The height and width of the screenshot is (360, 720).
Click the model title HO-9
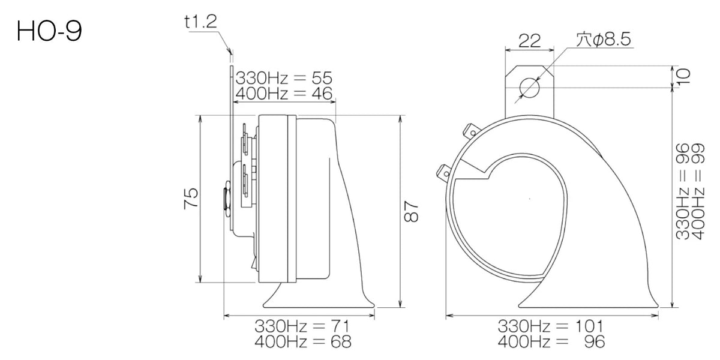point(49,31)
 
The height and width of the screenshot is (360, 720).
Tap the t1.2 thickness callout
point(201,22)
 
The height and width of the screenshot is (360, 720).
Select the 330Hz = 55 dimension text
point(284,78)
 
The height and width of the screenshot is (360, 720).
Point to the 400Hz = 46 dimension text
point(284,94)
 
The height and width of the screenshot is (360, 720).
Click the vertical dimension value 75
point(191,199)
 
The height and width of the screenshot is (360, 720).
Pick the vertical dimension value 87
point(411,211)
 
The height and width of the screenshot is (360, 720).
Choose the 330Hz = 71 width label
point(302,326)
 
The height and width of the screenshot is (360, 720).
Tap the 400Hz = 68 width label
point(303,341)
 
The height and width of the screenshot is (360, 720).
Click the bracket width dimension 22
point(529,41)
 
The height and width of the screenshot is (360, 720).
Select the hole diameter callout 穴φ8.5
point(604,39)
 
